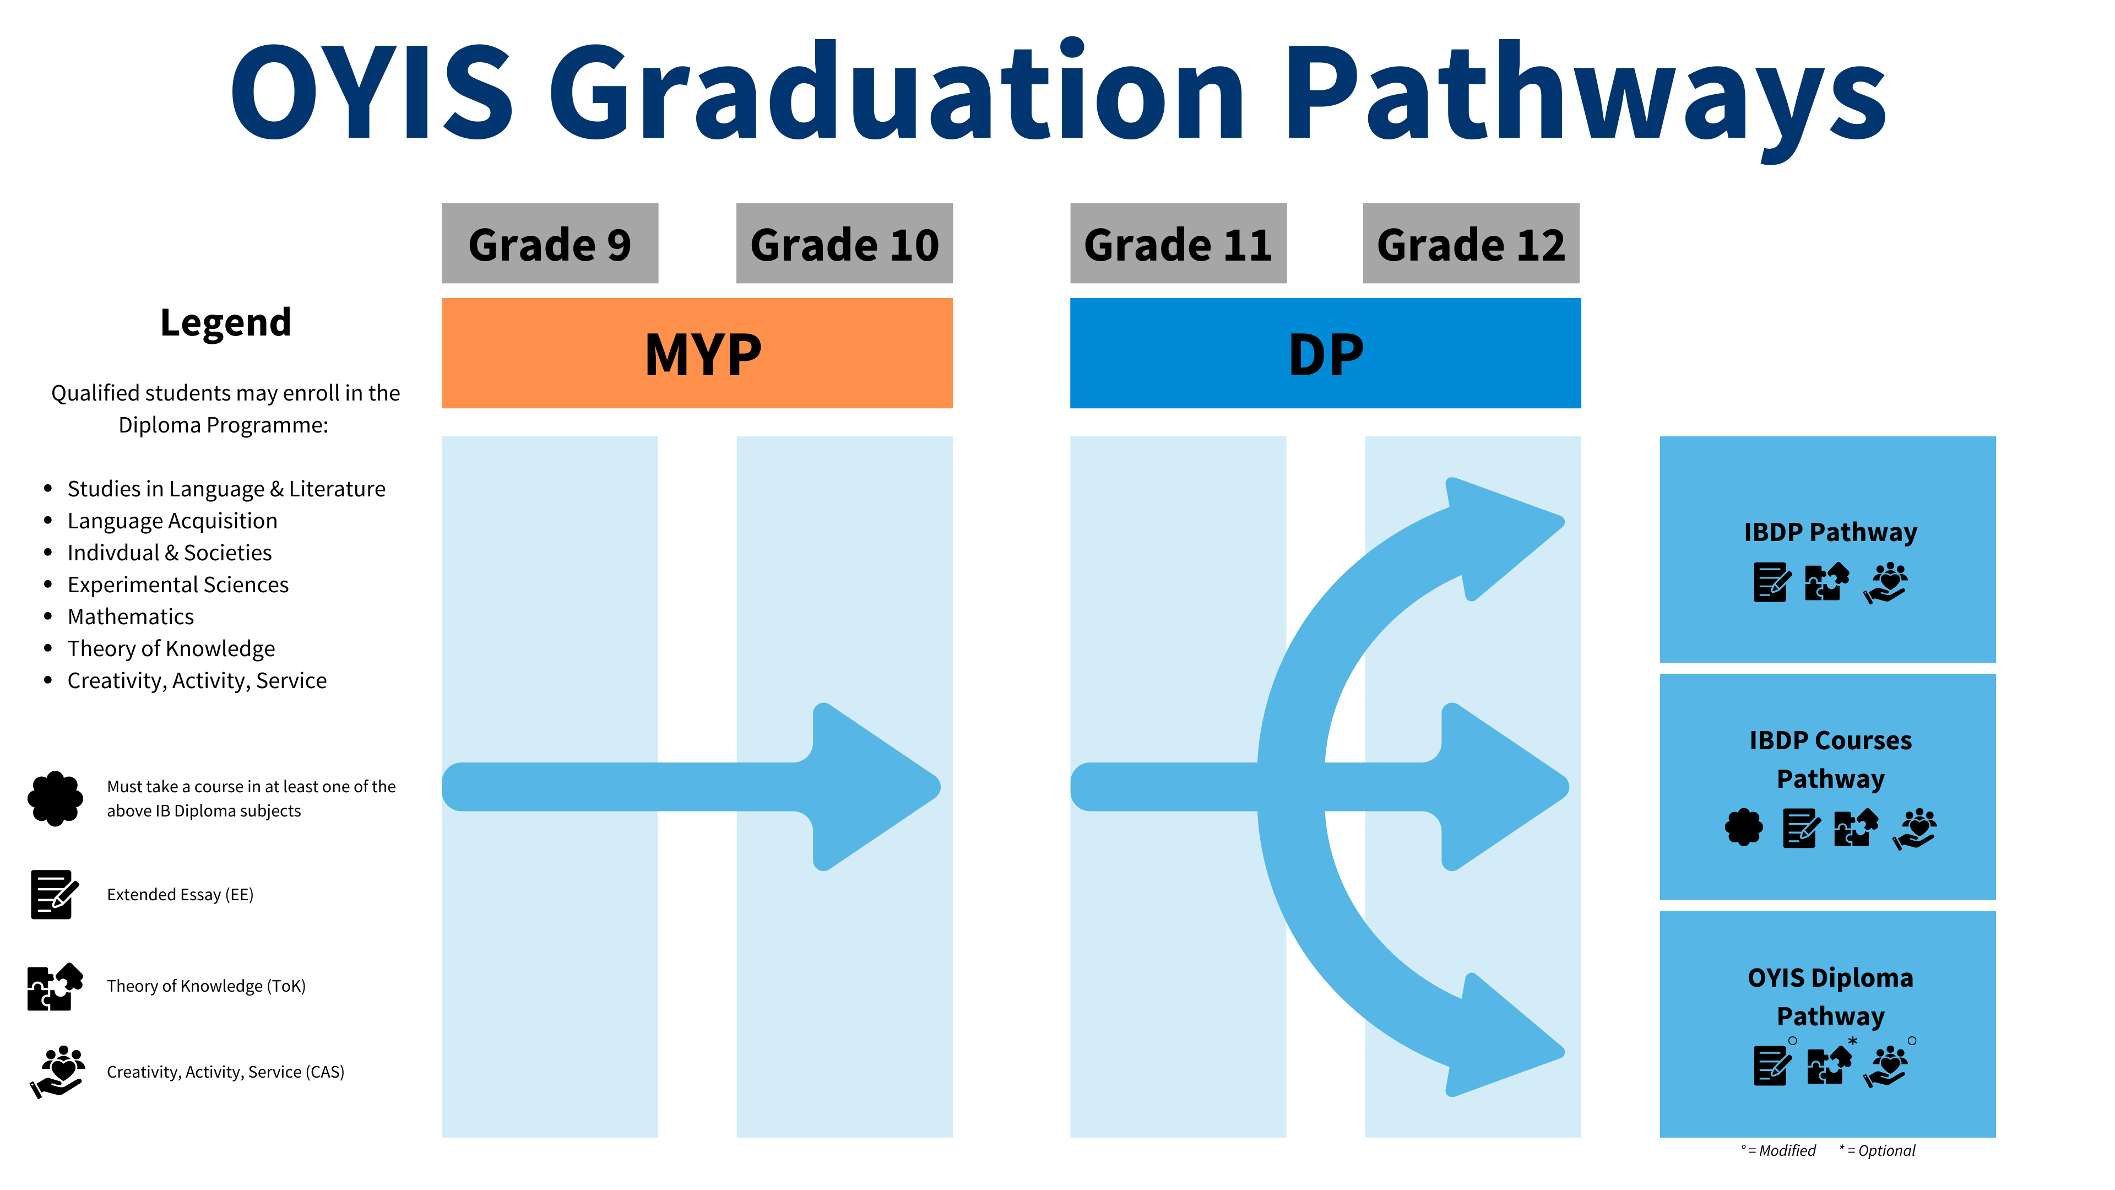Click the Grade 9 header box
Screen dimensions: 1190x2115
point(549,244)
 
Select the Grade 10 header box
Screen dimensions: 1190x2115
point(844,244)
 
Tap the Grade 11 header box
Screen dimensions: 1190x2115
point(1178,244)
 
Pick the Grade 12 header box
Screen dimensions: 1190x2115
point(1471,244)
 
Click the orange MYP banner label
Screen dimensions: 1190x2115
point(702,355)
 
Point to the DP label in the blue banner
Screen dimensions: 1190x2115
point(1325,355)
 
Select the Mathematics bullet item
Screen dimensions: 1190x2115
point(131,617)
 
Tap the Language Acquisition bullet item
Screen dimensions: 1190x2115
point(172,521)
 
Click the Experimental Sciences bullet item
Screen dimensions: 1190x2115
point(177,585)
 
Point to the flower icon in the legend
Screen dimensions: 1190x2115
point(55,798)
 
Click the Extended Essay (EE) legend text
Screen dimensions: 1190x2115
point(180,894)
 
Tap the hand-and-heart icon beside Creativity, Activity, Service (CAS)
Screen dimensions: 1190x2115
point(57,1072)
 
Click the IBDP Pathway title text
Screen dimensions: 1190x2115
point(1830,532)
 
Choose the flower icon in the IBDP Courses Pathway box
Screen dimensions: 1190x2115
point(1743,827)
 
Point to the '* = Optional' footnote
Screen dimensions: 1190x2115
point(1877,1150)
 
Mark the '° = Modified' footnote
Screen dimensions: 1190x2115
point(1778,1150)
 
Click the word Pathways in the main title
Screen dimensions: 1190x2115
point(1585,94)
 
